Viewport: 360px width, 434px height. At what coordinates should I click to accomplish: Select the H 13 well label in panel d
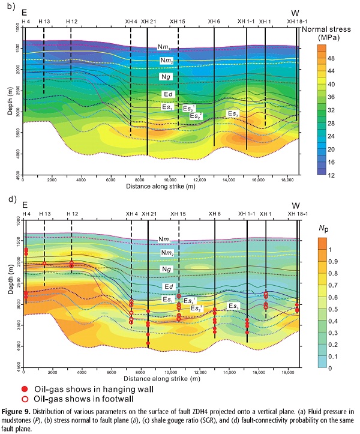click(x=44, y=214)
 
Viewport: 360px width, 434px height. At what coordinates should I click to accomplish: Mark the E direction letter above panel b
click(x=24, y=13)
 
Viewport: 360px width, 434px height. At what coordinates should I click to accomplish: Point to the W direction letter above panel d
click(x=295, y=205)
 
